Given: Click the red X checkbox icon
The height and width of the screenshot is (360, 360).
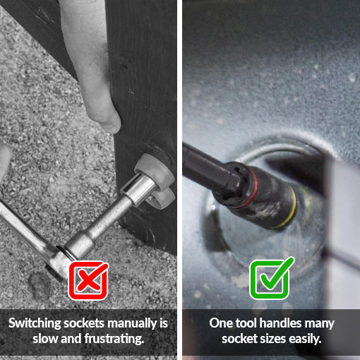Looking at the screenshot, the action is click(88, 280).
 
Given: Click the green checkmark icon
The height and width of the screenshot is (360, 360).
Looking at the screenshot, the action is click(271, 278).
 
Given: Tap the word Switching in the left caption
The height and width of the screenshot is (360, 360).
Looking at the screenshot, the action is click(35, 323).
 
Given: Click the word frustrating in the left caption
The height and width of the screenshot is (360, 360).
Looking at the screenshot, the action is click(114, 339).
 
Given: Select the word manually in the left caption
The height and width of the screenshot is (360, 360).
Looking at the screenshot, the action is click(132, 323).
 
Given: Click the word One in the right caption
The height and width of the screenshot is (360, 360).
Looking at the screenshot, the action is click(221, 323).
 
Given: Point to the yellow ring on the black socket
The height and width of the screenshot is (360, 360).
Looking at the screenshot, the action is click(292, 207).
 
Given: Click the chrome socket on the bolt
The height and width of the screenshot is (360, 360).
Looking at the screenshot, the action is click(139, 189).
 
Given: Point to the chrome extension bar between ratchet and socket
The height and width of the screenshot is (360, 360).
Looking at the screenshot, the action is click(104, 224).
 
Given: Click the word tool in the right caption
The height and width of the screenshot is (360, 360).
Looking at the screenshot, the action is click(246, 323).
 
